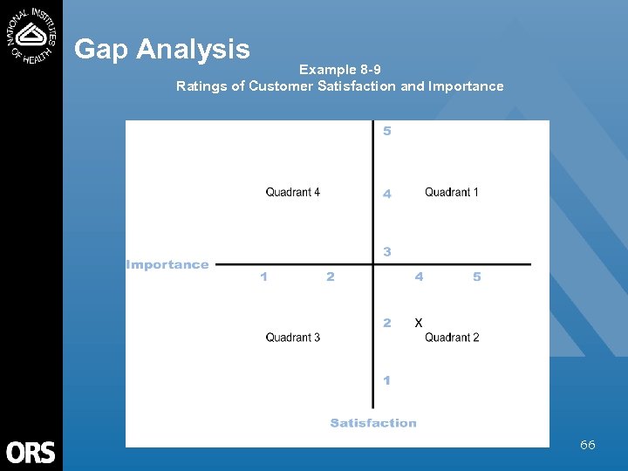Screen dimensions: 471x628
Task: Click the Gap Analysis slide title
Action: click(162, 50)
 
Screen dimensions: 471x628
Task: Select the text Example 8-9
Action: click(339, 70)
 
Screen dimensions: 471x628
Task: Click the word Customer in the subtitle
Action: click(280, 85)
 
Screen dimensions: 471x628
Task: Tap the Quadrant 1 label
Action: click(451, 192)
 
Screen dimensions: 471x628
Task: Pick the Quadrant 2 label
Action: click(452, 338)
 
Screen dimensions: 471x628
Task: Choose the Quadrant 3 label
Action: click(293, 338)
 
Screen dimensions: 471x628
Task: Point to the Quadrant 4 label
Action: click(293, 192)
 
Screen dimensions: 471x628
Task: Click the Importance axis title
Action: click(167, 264)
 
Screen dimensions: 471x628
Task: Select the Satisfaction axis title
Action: click(373, 423)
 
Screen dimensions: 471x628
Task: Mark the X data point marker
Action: click(419, 323)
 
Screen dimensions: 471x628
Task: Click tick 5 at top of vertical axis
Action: click(387, 132)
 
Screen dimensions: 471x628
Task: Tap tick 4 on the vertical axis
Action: click(387, 195)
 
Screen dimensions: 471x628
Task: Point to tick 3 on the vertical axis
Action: click(387, 251)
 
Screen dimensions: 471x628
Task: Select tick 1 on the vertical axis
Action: click(387, 380)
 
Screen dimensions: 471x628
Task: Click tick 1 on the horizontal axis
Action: click(264, 276)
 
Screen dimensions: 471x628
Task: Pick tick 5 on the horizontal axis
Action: click(476, 276)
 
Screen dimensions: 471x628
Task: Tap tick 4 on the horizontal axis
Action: click(420, 276)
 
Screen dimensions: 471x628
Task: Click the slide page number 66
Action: click(588, 445)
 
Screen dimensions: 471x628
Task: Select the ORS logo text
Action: click(31, 452)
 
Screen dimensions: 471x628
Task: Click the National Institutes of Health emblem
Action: click(31, 34)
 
